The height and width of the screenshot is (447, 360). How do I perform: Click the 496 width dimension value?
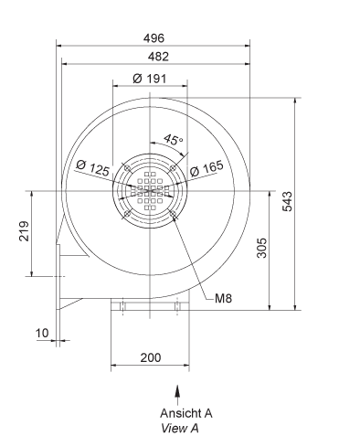[x=153, y=38]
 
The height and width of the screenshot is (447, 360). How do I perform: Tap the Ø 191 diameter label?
[x=149, y=79]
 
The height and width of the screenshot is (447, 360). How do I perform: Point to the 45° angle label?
[x=174, y=140]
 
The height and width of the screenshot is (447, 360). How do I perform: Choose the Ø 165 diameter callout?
[x=206, y=169]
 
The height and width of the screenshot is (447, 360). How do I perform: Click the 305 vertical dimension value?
[x=262, y=250]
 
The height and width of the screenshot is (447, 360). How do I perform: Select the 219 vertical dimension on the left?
[x=24, y=233]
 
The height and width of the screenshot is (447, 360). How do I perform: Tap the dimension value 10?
[x=42, y=333]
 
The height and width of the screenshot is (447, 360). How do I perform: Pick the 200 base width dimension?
[x=148, y=357]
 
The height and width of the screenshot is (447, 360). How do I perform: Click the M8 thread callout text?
[x=225, y=298]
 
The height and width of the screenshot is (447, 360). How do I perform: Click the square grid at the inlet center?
[x=149, y=190]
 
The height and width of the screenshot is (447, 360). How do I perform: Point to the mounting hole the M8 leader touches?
[x=174, y=216]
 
